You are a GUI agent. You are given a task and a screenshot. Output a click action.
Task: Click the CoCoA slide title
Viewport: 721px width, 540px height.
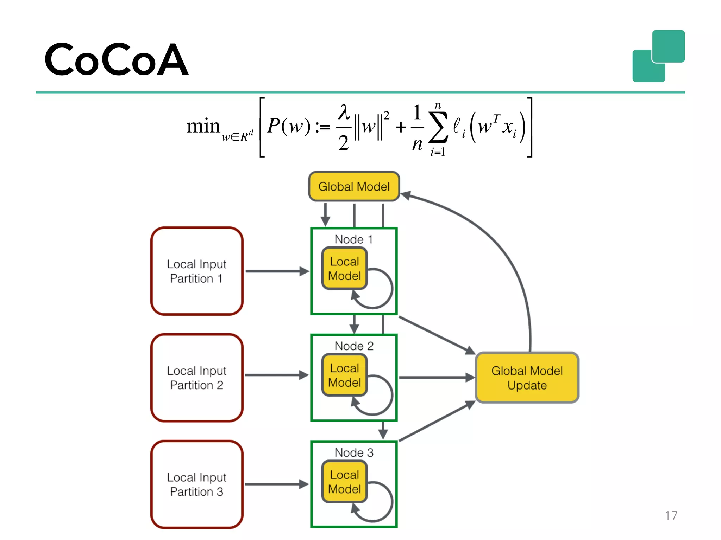[116, 60]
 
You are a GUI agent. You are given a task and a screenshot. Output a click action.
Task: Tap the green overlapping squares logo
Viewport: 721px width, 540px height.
[658, 56]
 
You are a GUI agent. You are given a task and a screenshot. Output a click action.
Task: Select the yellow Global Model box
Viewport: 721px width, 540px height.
[354, 186]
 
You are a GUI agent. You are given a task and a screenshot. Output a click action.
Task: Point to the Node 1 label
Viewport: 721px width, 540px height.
[353, 239]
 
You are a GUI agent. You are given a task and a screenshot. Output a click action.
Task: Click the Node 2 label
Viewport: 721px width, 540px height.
[354, 346]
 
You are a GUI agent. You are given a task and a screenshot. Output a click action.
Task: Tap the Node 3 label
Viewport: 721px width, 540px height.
[354, 452]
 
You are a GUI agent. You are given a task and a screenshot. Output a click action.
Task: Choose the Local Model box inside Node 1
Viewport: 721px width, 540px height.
[344, 269]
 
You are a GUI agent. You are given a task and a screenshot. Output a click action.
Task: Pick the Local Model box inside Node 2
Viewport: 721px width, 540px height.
[344, 375]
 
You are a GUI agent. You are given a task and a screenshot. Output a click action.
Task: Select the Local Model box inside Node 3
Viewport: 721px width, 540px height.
[344, 482]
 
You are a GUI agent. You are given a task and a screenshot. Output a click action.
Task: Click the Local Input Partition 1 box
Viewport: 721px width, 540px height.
[197, 271]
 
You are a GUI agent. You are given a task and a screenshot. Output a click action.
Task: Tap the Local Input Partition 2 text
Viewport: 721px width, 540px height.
[197, 378]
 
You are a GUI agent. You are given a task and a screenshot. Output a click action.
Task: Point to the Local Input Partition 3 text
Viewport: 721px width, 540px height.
[197, 484]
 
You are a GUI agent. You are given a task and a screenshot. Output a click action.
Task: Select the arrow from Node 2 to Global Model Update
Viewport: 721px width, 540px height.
[437, 378]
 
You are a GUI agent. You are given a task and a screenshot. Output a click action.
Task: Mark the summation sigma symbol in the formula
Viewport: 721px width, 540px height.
[438, 127]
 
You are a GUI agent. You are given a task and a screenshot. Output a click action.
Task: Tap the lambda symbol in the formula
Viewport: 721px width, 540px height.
[344, 112]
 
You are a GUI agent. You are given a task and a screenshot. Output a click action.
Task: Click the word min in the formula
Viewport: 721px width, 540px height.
[203, 126]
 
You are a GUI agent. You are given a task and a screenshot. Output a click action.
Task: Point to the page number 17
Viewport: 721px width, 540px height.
[671, 515]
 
